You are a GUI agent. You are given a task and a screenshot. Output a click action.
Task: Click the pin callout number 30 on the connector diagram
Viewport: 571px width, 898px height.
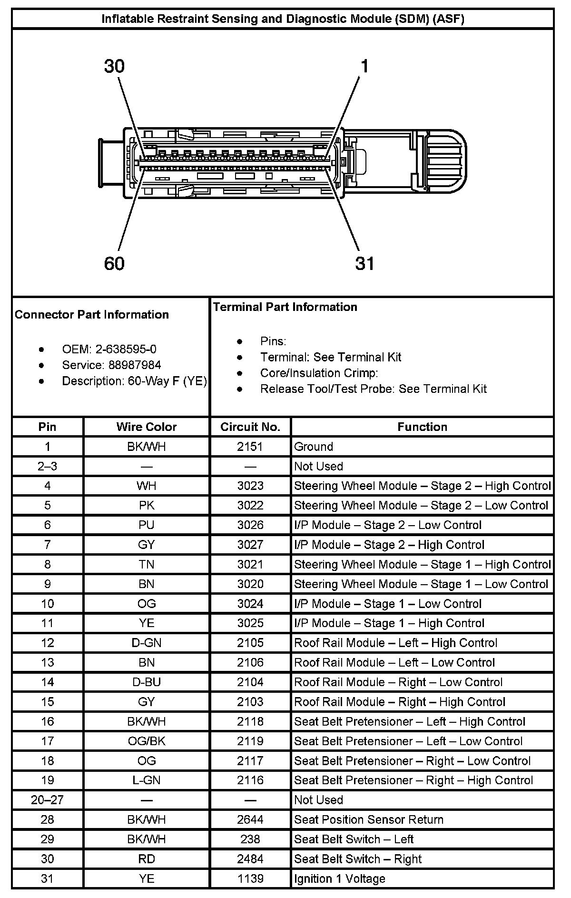[114, 67]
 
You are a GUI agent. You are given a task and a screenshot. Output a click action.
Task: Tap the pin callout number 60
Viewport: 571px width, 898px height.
[114, 263]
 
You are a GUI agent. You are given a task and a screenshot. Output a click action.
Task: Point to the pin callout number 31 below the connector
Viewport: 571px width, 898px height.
[364, 263]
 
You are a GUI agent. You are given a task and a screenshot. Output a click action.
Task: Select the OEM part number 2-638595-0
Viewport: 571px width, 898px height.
[126, 349]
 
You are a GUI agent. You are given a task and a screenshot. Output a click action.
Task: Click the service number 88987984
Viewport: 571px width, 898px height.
[135, 365]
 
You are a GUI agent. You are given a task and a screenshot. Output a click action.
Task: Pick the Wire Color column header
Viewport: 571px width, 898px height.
[146, 427]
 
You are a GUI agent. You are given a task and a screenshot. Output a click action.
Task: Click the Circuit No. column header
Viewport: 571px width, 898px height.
[250, 427]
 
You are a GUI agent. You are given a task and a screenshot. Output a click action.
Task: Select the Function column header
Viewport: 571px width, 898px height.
[422, 427]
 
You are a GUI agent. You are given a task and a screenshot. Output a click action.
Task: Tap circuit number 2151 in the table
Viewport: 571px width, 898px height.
[250, 447]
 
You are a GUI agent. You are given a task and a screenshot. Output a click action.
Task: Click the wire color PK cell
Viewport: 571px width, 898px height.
[146, 505]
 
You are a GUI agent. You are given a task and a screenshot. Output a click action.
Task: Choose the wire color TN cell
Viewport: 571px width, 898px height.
[146, 564]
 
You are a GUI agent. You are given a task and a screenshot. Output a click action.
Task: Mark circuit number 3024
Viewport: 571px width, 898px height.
[250, 604]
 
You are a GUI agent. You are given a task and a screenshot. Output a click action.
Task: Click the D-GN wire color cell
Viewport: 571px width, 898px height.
[146, 643]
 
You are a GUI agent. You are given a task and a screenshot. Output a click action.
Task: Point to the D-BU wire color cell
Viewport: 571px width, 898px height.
[146, 682]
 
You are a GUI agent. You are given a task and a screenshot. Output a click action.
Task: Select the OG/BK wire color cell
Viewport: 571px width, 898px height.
[146, 741]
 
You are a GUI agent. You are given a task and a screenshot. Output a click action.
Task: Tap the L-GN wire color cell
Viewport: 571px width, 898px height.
[146, 780]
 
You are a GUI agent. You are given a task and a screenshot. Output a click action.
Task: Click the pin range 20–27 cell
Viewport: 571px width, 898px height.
[47, 800]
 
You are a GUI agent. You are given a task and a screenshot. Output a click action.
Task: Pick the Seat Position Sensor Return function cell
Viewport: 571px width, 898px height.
[369, 819]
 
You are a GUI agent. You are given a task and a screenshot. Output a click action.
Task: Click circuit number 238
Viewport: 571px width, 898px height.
[250, 839]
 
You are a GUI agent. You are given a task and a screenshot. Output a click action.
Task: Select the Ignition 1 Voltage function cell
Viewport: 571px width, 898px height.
[340, 878]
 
